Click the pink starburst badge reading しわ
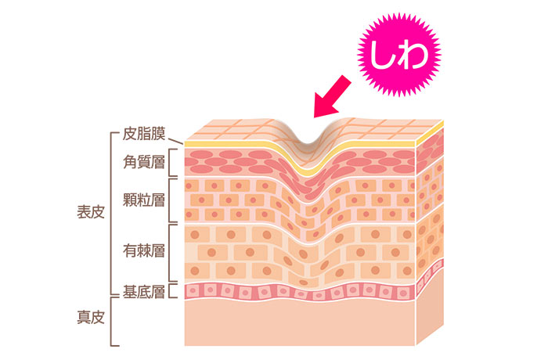pyautogui.click(x=399, y=55)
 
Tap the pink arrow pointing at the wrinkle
pyautogui.click(x=332, y=97)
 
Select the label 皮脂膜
pyautogui.click(x=143, y=134)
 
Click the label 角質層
pyautogui.click(x=143, y=162)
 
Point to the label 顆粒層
pyautogui.click(x=143, y=200)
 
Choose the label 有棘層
pyautogui.click(x=143, y=250)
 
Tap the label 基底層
pyautogui.click(x=143, y=292)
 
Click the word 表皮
pyautogui.click(x=91, y=212)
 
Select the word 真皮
pyautogui.click(x=91, y=318)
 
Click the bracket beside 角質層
pyautogui.click(x=169, y=163)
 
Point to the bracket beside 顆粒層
pyautogui.click(x=169, y=200)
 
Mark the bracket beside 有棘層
pyautogui.click(x=169, y=253)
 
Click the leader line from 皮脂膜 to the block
pyautogui.click(x=176, y=141)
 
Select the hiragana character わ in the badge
pyautogui.click(x=413, y=55)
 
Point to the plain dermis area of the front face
pyautogui.click(x=300, y=323)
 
